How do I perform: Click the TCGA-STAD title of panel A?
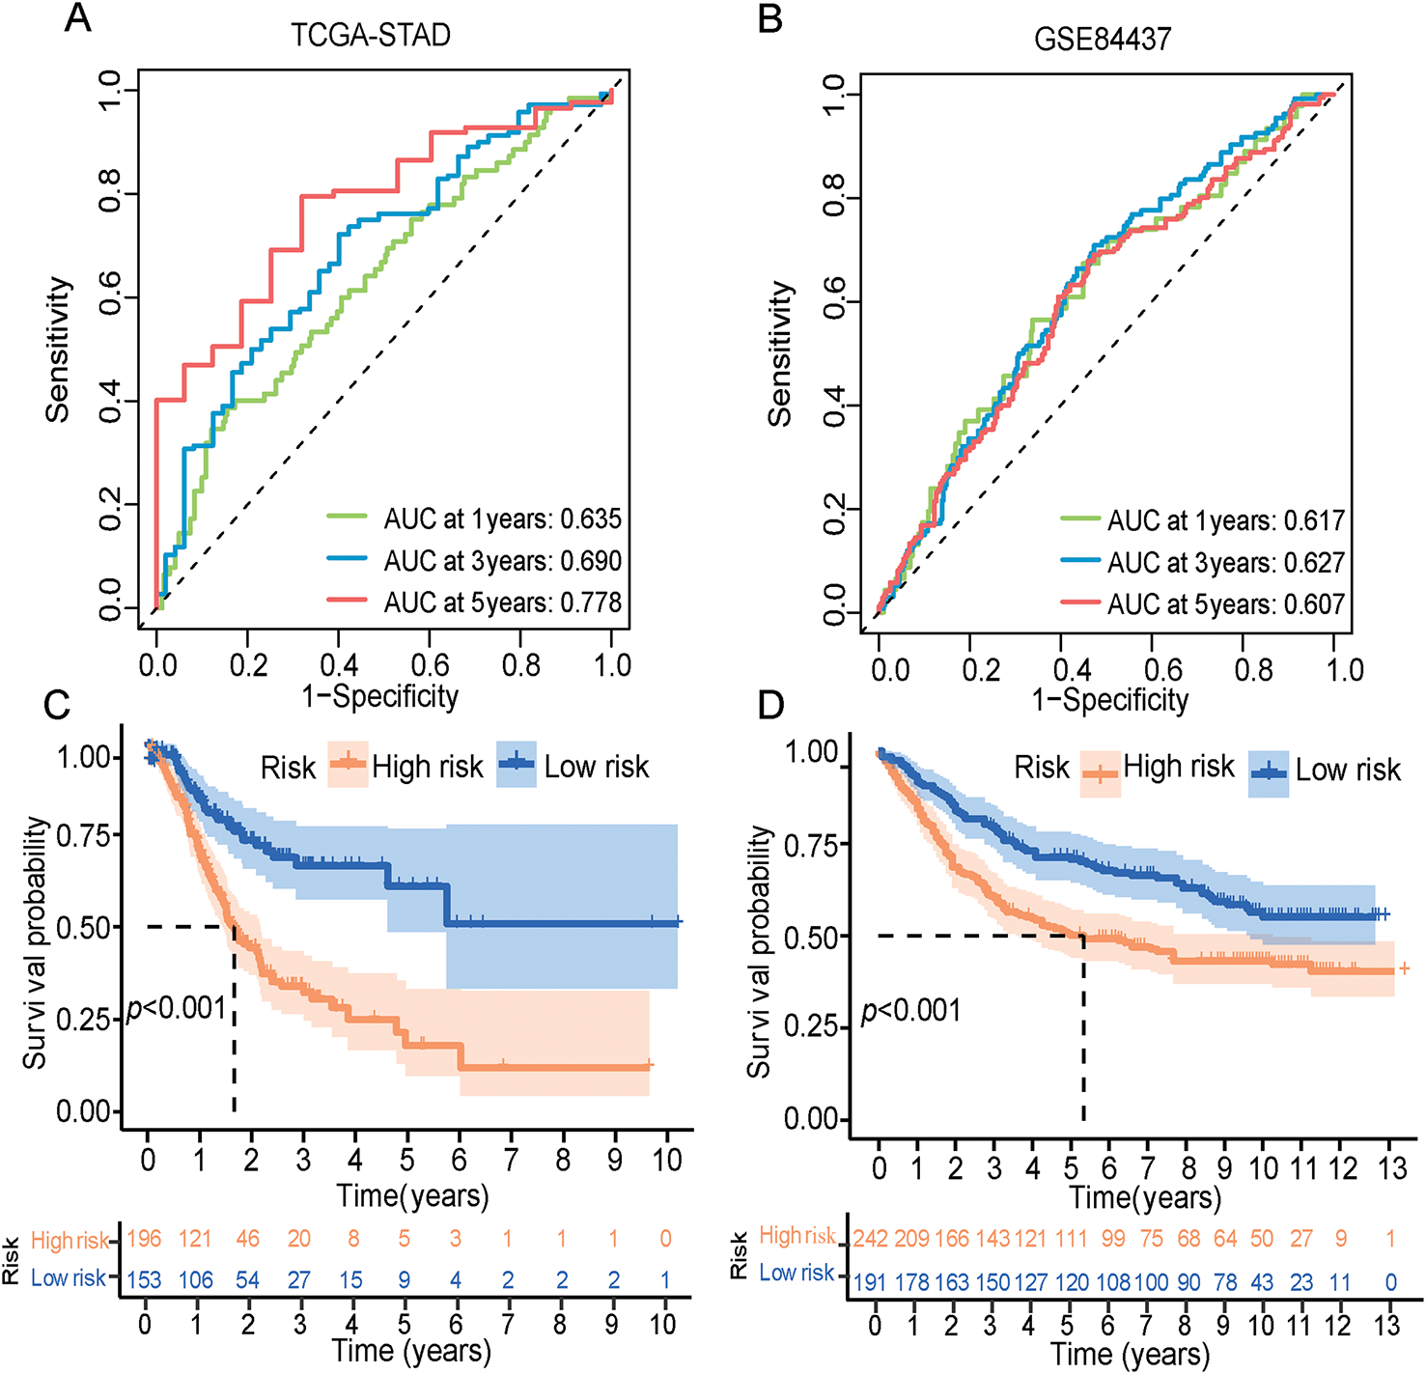(x=371, y=36)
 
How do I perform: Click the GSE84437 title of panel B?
(x=1103, y=39)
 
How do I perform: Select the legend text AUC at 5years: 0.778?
(x=502, y=603)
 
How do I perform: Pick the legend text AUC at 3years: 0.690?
(x=502, y=561)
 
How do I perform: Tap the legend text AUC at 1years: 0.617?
(x=1225, y=521)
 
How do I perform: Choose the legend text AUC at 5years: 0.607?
(x=1225, y=604)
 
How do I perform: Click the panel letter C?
(x=57, y=705)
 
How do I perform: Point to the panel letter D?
(x=770, y=705)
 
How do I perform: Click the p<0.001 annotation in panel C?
(x=176, y=1008)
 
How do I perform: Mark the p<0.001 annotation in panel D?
(x=910, y=1011)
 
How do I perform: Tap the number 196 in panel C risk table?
(x=145, y=1239)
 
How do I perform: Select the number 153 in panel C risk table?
(x=145, y=1279)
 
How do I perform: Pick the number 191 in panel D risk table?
(x=871, y=1283)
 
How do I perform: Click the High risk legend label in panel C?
(x=427, y=767)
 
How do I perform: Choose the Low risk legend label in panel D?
(x=1348, y=770)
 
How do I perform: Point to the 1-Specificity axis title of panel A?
(x=379, y=696)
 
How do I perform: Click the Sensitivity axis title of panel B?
(x=779, y=353)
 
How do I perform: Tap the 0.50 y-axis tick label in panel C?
(x=84, y=927)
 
